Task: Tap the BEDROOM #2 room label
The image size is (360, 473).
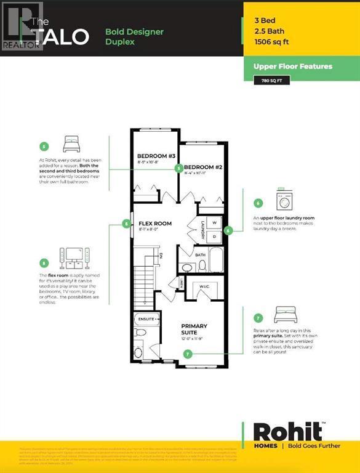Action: (203, 168)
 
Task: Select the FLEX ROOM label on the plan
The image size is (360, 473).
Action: (154, 224)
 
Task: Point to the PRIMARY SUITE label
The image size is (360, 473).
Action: (194, 329)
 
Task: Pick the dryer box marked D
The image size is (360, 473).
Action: (214, 236)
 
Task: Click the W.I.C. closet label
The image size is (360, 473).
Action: (206, 287)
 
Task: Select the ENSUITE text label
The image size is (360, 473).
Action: (147, 320)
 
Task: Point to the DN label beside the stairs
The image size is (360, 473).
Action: (160, 254)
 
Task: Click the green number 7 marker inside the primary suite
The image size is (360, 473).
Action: (188, 354)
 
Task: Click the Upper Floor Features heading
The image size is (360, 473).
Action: (292, 66)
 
